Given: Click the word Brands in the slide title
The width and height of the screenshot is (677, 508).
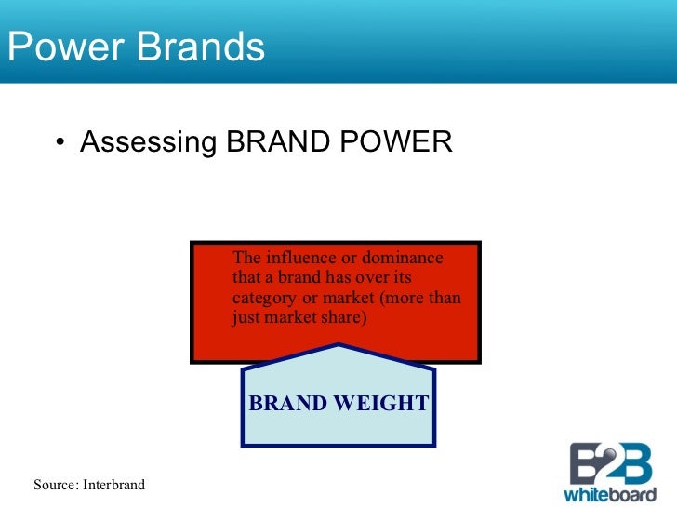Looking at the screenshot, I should tap(200, 47).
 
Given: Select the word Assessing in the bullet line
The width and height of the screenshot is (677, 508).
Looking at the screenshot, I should tap(149, 142).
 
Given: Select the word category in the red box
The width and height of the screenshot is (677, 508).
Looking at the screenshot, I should tap(263, 298).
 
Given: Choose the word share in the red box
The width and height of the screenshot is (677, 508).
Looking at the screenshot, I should tap(347, 317).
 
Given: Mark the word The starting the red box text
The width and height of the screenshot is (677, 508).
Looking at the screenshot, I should tap(246, 258).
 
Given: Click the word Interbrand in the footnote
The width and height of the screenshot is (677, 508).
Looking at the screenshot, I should tap(113, 485).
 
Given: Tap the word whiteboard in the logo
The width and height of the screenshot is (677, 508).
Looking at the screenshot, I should tap(609, 492).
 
